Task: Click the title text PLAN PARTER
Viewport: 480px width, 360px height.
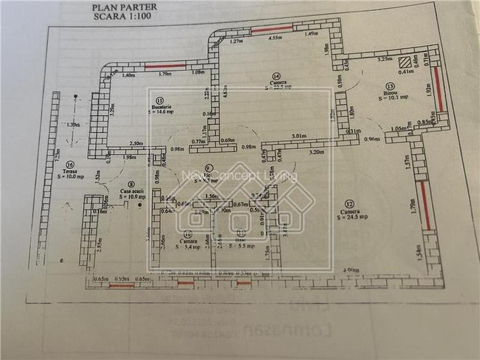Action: point(114,8)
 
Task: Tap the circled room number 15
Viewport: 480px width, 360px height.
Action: point(159,100)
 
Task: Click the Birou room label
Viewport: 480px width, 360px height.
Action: point(389,93)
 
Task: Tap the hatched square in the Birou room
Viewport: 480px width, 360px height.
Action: point(403,63)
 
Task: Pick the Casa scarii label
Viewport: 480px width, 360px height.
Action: point(131,191)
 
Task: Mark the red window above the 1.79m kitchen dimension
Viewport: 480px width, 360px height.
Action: point(165,66)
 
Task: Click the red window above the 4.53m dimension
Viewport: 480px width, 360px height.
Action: point(272,29)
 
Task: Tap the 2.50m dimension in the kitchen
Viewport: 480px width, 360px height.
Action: point(135,144)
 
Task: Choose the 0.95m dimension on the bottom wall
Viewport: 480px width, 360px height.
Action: point(121,279)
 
